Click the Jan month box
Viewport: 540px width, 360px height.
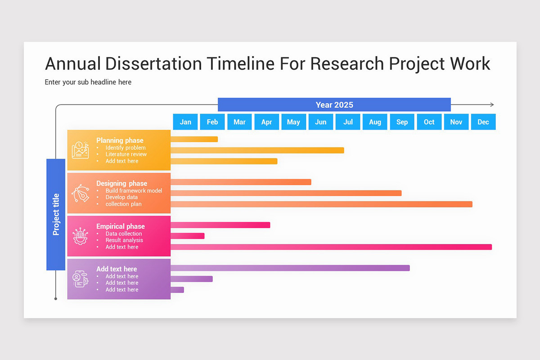pyautogui.click(x=185, y=122)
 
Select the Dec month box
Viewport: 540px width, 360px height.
pyautogui.click(x=483, y=122)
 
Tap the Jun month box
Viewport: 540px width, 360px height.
pyautogui.click(x=321, y=122)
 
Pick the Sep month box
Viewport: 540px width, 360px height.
pyautogui.click(x=402, y=122)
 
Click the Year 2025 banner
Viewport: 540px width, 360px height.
pyautogui.click(x=334, y=105)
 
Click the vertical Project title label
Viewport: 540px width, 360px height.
pyautogui.click(x=56, y=214)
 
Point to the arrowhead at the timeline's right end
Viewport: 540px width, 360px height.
pyautogui.click(x=492, y=105)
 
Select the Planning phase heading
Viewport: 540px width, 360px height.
pyautogui.click(x=120, y=140)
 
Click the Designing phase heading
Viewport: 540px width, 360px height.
pyautogui.click(x=121, y=183)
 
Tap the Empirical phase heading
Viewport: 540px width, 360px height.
pyautogui.click(x=121, y=226)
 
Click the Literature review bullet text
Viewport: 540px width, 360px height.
pyautogui.click(x=126, y=154)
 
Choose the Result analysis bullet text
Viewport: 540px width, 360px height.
pyautogui.click(x=124, y=240)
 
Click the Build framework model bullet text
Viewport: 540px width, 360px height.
pyautogui.click(x=134, y=191)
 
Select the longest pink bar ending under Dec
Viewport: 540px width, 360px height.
pyautogui.click(x=331, y=247)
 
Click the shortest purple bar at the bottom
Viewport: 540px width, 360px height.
pyautogui.click(x=177, y=290)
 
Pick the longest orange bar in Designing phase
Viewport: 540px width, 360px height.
pyautogui.click(x=321, y=204)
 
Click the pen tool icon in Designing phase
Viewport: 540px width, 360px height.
pyautogui.click(x=80, y=193)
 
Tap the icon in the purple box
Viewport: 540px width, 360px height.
pyautogui.click(x=80, y=279)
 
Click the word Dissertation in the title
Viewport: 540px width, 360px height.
pyautogui.click(x=153, y=64)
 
